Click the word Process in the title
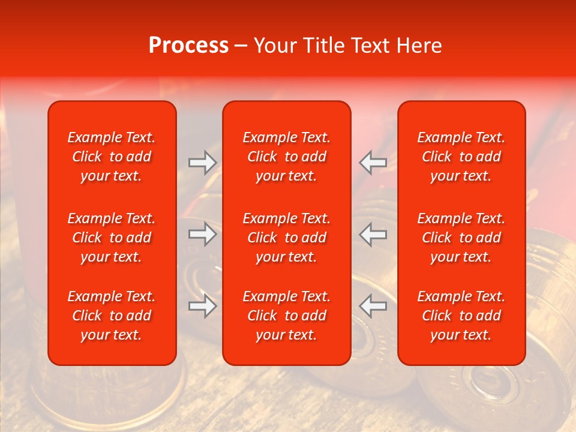(x=188, y=46)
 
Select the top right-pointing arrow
(x=202, y=162)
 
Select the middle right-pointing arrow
(x=202, y=234)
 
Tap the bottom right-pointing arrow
(x=202, y=306)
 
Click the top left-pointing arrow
(x=373, y=162)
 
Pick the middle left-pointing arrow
(x=373, y=234)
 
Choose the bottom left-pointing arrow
(x=373, y=306)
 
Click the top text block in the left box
(x=112, y=157)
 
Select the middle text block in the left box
(x=112, y=238)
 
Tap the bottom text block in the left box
(x=112, y=316)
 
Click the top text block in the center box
(x=286, y=157)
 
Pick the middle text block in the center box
(x=286, y=238)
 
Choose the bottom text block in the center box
(x=286, y=316)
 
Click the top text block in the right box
(x=461, y=157)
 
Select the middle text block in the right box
(x=461, y=238)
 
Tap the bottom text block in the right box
(x=461, y=316)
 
